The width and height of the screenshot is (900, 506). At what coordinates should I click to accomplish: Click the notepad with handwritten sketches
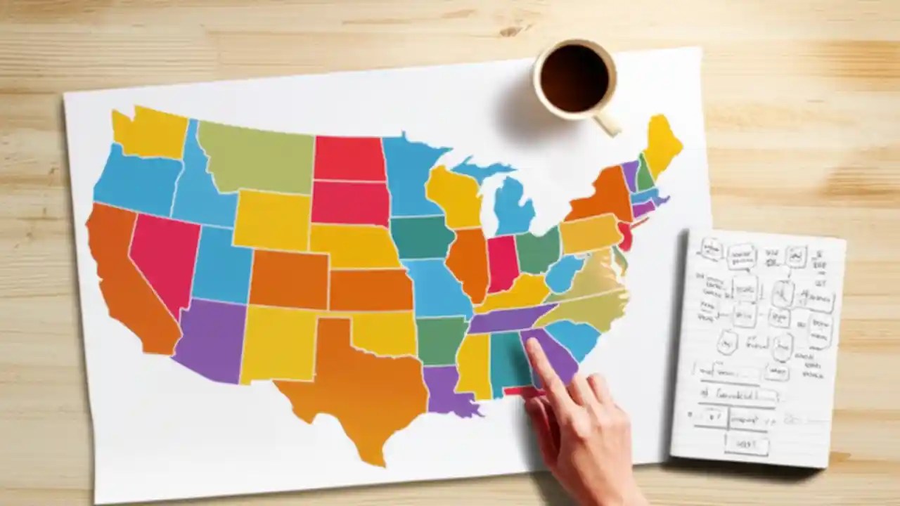[759, 344]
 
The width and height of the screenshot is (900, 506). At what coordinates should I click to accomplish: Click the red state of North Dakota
[349, 158]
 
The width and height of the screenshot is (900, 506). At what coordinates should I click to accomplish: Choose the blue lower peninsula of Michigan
[513, 207]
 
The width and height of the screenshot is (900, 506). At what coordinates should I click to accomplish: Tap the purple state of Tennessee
[510, 318]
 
